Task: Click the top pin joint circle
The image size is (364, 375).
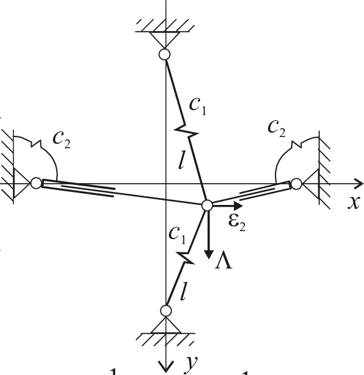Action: point(165,55)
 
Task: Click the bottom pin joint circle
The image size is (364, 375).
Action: point(166,310)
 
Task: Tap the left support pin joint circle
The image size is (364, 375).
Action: point(37,183)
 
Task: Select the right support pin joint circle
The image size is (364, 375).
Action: point(296,184)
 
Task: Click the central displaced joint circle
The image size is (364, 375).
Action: point(207,205)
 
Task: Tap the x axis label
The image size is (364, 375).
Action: point(353,203)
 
